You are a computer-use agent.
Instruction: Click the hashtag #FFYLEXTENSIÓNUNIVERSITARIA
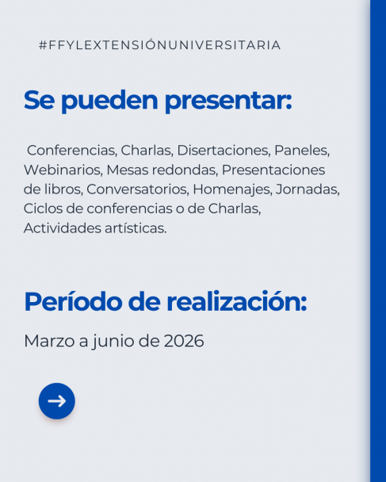pyautogui.click(x=159, y=45)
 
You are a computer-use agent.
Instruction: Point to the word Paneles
pyautogui.click(x=301, y=150)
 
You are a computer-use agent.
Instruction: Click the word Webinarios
pyautogui.click(x=63, y=170)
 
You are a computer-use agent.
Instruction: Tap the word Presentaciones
pyautogui.click(x=273, y=170)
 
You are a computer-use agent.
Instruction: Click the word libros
pyautogui.click(x=64, y=189)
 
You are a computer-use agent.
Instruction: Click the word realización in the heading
pyautogui.click(x=235, y=302)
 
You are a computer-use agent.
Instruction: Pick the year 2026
pyautogui.click(x=184, y=341)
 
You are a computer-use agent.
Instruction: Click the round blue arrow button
pyautogui.click(x=57, y=401)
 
